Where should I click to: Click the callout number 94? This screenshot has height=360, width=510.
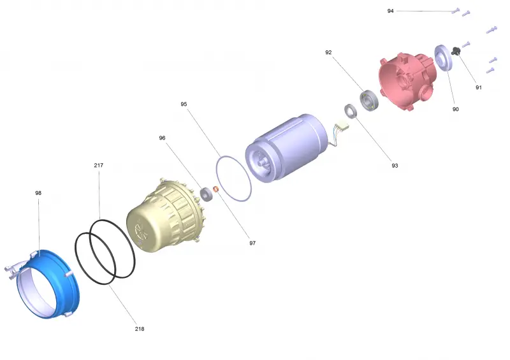coord(390,11)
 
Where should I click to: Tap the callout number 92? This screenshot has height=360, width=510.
coord(328,52)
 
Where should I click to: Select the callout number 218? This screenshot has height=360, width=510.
coord(140,329)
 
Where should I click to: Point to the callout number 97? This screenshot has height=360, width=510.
coord(252,243)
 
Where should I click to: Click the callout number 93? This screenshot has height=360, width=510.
coord(395,166)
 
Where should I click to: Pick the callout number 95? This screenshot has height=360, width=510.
coord(184,104)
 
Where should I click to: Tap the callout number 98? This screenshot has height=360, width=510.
coord(38,193)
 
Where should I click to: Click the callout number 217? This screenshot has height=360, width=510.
coord(99,165)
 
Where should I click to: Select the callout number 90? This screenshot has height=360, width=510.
coord(455,109)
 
